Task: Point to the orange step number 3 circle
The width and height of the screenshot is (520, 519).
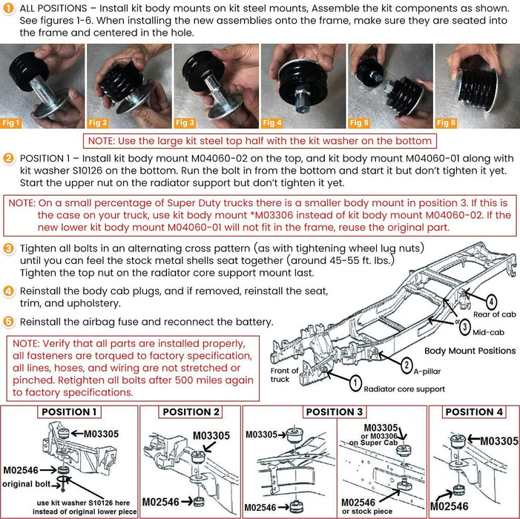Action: point(8,248)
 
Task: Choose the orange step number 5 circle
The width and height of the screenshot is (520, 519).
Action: point(8,323)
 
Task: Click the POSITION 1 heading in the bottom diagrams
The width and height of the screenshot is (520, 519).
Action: point(68,411)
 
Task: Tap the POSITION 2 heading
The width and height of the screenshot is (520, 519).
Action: point(191,411)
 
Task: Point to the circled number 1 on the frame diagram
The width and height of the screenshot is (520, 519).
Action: point(355,383)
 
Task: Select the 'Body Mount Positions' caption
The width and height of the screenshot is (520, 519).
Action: point(470,350)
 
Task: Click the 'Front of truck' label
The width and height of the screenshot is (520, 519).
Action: point(285,375)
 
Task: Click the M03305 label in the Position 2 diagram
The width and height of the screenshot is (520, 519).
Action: point(211,436)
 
